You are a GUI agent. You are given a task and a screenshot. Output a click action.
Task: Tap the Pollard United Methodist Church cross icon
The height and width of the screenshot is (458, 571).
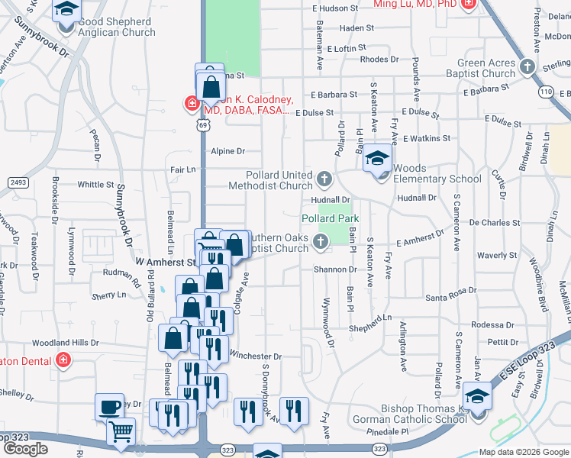[x=324, y=180]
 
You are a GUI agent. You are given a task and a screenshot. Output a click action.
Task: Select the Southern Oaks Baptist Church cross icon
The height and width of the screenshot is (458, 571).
[x=321, y=242]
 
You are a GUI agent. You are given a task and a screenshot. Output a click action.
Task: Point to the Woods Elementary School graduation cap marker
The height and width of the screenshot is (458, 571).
[x=376, y=160]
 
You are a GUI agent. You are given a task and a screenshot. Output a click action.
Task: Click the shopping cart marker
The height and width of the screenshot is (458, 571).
[x=121, y=433]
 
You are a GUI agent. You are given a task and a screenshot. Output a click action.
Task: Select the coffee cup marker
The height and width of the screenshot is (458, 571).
[x=110, y=407]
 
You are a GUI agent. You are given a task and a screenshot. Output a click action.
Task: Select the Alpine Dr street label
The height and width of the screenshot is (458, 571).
[x=227, y=151]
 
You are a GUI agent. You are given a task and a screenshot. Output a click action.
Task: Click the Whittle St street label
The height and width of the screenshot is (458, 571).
[x=95, y=185]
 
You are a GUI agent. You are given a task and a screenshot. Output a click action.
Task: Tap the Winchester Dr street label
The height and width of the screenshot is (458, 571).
[x=256, y=356]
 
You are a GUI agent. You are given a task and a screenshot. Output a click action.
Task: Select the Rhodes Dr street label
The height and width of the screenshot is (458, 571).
[x=379, y=59]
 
